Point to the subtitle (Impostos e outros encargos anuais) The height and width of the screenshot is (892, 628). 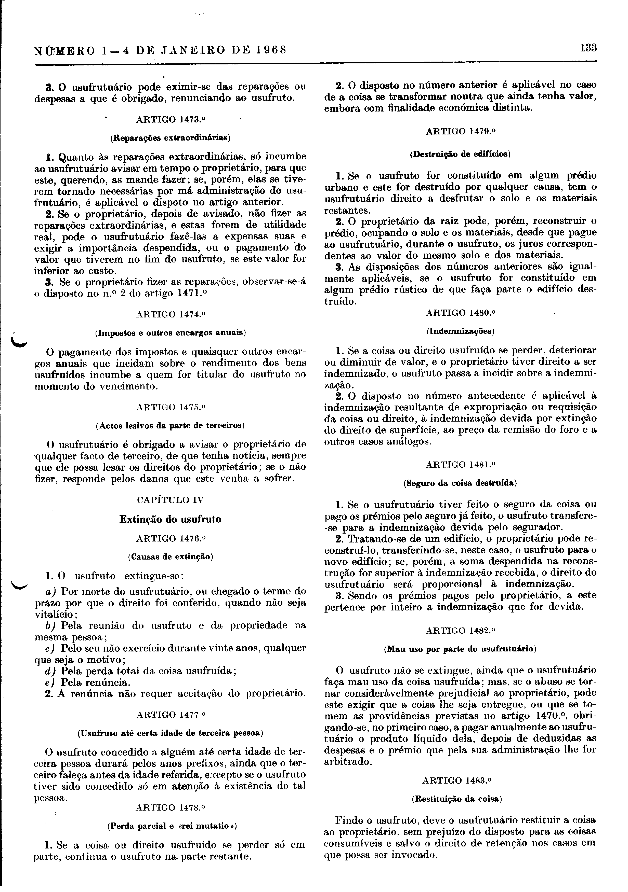point(170,333)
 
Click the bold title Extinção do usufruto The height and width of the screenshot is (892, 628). point(170,519)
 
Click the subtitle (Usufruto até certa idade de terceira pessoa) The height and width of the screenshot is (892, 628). point(170,733)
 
